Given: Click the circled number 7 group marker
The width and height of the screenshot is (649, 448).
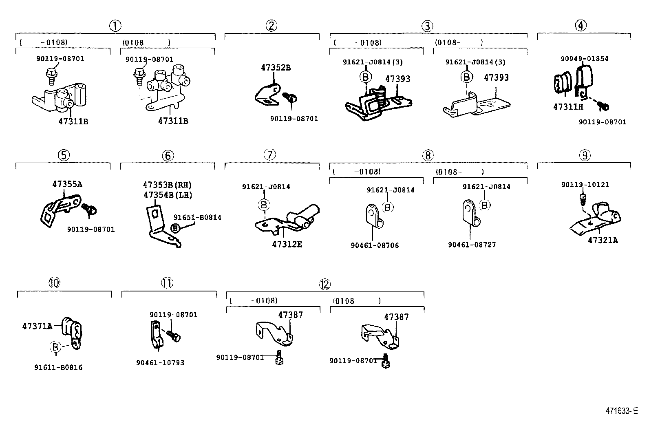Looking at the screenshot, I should click(x=270, y=154).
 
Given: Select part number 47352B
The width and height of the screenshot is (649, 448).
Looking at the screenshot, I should click(x=276, y=68).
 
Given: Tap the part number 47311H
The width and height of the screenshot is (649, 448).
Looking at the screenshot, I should click(x=568, y=107).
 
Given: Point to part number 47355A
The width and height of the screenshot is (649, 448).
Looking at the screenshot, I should click(x=67, y=184).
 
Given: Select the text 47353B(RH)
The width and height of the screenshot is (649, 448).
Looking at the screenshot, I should click(x=167, y=185).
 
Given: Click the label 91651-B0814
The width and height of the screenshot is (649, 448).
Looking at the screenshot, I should click(x=197, y=217).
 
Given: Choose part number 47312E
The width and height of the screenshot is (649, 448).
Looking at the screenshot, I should click(x=287, y=245).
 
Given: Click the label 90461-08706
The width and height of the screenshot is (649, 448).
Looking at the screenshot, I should click(x=375, y=245).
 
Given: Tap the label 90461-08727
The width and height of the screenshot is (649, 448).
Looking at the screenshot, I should click(x=472, y=245).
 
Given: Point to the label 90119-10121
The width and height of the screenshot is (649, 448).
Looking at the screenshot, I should click(x=585, y=185).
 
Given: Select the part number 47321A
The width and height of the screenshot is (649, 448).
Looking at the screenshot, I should click(x=603, y=240).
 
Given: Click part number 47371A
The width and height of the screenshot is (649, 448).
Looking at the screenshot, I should click(x=37, y=326).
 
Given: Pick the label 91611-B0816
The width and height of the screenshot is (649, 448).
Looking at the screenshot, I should click(x=58, y=367).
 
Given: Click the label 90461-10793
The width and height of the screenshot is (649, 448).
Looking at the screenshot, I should click(x=160, y=362).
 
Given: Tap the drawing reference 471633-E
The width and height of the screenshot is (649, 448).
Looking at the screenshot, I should click(x=621, y=411).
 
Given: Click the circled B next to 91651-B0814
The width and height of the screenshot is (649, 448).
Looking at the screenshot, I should click(x=175, y=228).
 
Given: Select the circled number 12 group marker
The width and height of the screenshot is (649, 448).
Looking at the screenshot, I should click(x=324, y=284).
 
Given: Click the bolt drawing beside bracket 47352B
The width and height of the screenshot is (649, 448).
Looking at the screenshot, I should click(x=292, y=97).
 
